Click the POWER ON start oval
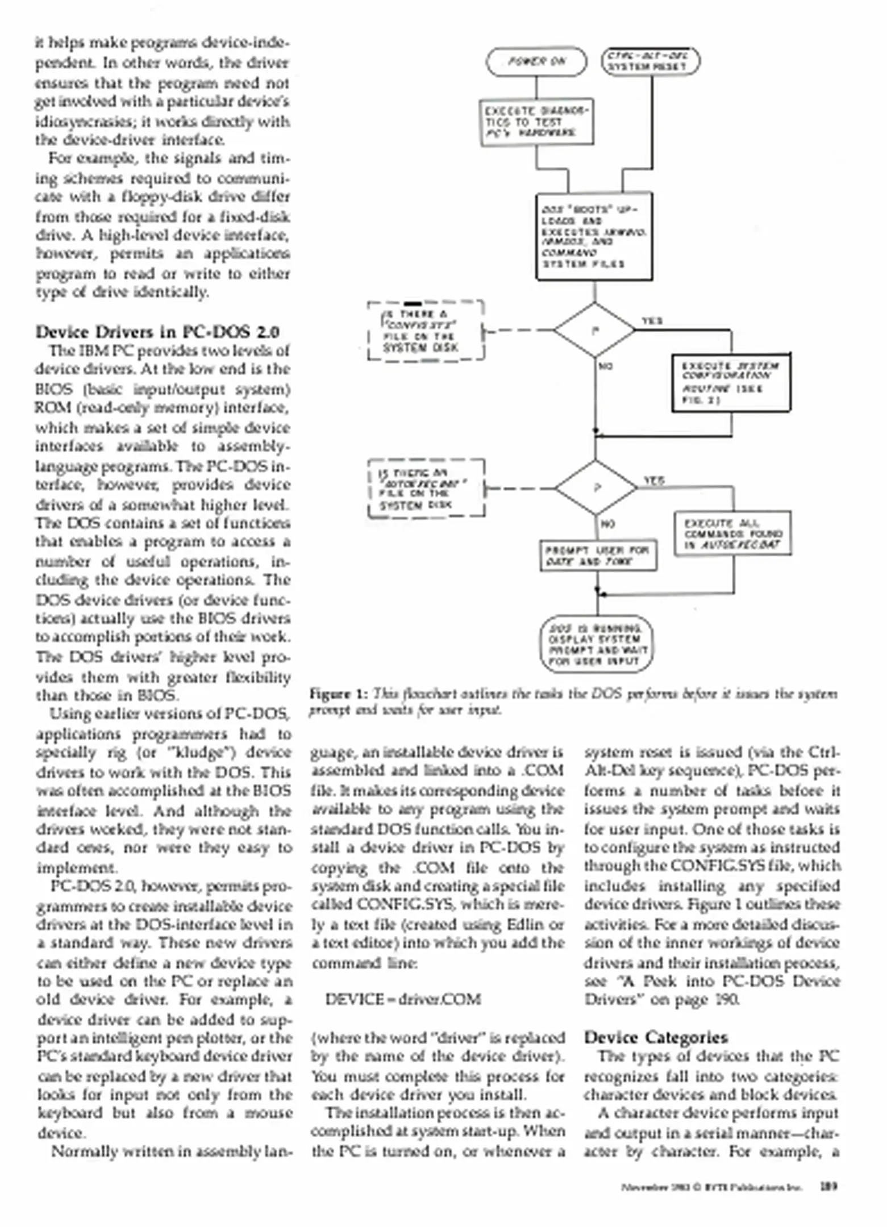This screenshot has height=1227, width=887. click(x=536, y=62)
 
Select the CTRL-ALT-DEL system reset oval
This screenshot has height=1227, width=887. click(x=651, y=62)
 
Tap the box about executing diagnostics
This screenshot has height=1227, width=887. click(x=537, y=123)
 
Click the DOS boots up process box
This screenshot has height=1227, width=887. click(x=594, y=236)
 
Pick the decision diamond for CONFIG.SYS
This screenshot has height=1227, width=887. click(x=594, y=330)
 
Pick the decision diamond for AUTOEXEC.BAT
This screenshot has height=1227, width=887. click(x=596, y=488)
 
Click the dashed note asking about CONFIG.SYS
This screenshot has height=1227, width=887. click(x=426, y=331)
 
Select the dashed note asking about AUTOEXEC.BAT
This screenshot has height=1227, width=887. click(x=426, y=489)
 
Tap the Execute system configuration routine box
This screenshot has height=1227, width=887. click(x=731, y=383)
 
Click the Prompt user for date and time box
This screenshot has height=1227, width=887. click(x=598, y=556)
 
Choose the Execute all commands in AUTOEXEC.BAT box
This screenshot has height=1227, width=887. click(x=733, y=534)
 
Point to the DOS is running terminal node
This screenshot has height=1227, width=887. click(x=596, y=644)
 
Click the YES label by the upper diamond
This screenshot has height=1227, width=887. click(x=652, y=321)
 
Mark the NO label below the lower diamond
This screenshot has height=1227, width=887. click(x=607, y=524)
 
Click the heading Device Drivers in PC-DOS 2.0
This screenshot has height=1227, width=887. click(x=157, y=332)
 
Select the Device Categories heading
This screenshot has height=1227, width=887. click(x=656, y=1037)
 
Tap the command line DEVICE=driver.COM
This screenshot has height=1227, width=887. click(x=403, y=999)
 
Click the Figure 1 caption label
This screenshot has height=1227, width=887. click(x=339, y=694)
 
